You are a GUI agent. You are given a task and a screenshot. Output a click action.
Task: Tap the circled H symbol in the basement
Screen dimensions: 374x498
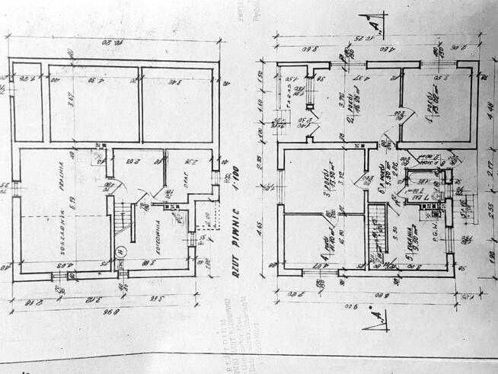click(x=120, y=253)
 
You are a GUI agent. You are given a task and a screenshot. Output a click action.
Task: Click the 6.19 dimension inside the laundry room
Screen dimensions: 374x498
click(x=71, y=204)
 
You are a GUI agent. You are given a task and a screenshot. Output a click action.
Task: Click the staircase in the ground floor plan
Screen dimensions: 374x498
click(x=375, y=235)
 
